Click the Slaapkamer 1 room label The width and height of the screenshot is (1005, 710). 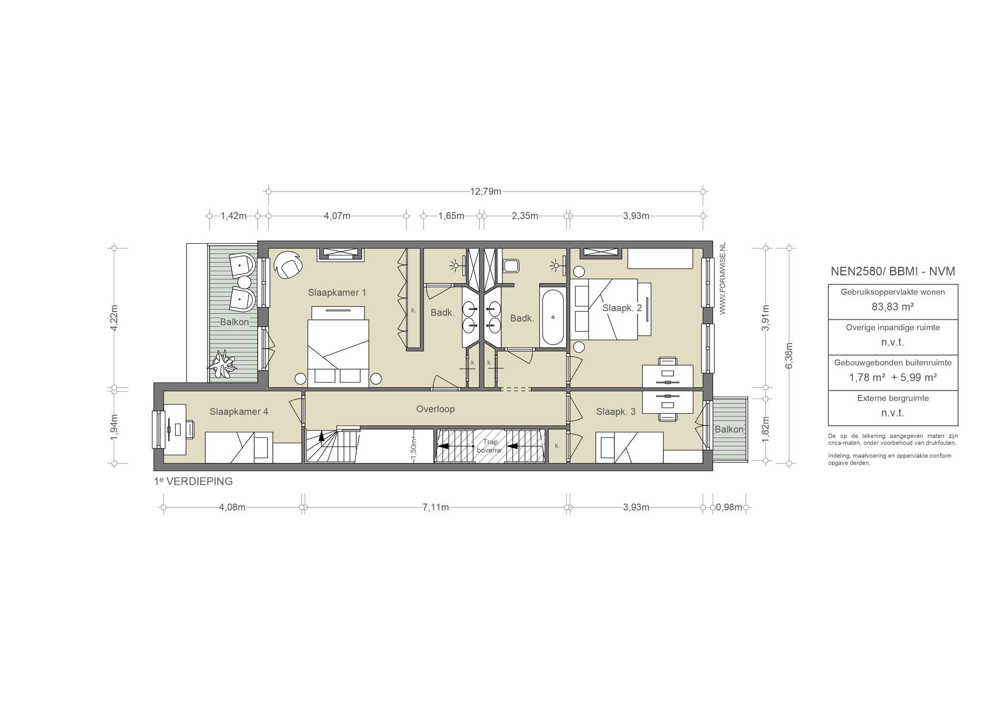click(337, 293)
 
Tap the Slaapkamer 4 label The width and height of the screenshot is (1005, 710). click(239, 411)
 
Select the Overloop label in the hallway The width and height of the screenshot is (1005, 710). click(435, 409)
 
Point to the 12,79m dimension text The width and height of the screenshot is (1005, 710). click(486, 191)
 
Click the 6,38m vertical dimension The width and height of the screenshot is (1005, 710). click(789, 355)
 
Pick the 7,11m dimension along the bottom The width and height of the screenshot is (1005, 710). click(436, 507)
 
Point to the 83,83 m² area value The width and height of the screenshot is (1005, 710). click(893, 307)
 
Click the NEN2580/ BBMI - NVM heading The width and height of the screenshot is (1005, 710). click(893, 271)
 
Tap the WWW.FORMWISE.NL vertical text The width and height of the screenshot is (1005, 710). click(722, 279)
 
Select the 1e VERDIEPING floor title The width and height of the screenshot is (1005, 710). click(193, 482)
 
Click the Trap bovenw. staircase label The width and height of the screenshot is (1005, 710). click(490, 446)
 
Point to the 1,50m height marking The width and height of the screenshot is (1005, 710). click(413, 448)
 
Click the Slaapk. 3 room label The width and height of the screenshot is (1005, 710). click(616, 412)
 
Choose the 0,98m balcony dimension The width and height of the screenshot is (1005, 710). click(729, 507)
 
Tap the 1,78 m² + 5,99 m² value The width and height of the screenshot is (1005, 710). click(893, 378)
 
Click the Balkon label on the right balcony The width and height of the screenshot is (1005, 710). click(729, 430)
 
